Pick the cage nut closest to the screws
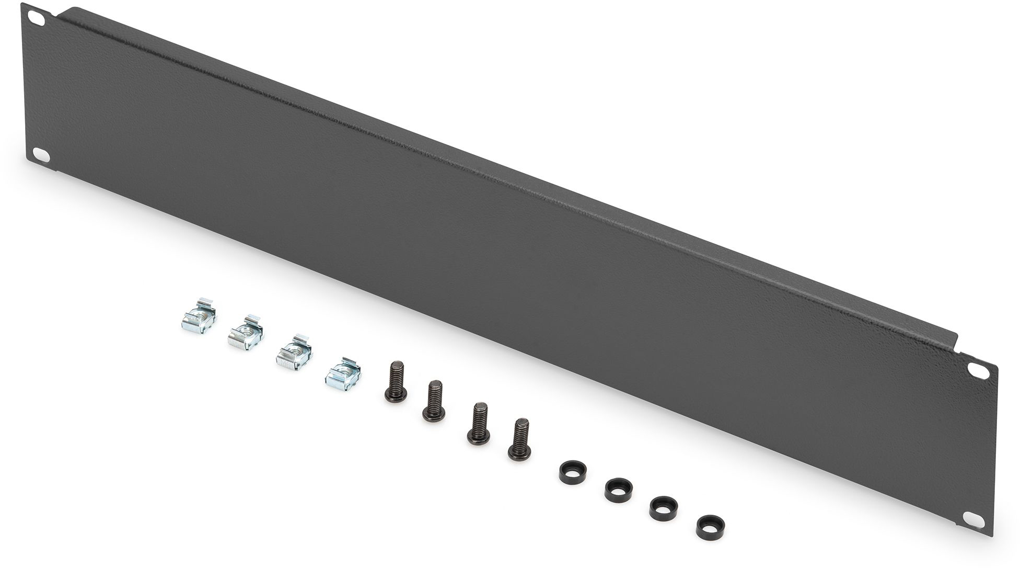tap(343, 373)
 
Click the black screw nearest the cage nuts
tap(394, 381)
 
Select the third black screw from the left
tap(478, 424)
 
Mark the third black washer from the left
tap(661, 506)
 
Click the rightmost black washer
tap(707, 525)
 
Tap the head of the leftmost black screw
tap(393, 395)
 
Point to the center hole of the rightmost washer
tap(707, 523)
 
